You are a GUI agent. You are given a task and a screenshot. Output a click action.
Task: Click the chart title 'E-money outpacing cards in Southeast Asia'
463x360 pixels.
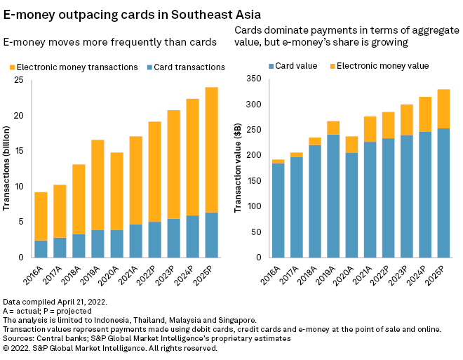point(131,13)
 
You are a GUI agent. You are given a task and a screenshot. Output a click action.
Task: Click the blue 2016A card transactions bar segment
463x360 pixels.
point(41,249)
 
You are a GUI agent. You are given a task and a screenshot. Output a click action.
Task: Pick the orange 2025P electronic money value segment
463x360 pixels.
point(444,109)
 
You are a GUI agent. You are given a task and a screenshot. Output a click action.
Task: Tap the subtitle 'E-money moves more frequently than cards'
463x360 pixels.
point(109,42)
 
